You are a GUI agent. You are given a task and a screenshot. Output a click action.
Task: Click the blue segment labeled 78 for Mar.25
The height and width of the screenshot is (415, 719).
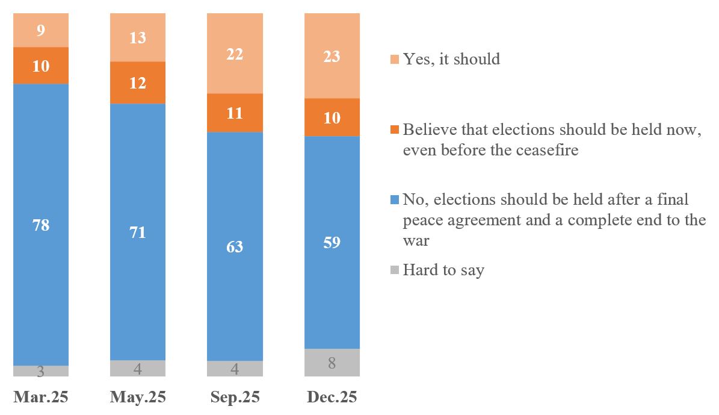[x=41, y=225]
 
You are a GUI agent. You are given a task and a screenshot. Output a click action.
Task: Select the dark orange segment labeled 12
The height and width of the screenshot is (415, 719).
[x=138, y=83]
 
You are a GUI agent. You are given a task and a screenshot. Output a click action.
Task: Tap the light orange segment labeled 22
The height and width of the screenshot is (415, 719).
[x=235, y=54]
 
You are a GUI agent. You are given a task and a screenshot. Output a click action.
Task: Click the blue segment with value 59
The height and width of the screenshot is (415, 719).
[x=332, y=242]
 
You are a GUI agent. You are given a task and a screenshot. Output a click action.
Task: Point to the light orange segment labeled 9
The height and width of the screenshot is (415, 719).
[x=41, y=30]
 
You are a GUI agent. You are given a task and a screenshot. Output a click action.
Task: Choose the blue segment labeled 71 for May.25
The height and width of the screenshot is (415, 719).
[x=138, y=232]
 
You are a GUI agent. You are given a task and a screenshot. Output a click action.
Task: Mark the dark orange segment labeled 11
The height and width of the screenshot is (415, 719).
[x=235, y=113]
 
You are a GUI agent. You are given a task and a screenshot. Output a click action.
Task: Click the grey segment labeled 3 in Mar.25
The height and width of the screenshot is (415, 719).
[x=41, y=371]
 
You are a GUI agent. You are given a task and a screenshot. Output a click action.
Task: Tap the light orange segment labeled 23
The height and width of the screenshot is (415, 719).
[x=332, y=56]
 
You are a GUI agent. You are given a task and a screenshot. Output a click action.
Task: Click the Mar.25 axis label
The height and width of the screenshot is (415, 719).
[x=41, y=397]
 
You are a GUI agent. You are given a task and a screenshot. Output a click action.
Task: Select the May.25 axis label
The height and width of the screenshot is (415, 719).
[x=138, y=397]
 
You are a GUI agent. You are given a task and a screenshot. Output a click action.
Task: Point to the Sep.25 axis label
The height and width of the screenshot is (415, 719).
[x=235, y=397]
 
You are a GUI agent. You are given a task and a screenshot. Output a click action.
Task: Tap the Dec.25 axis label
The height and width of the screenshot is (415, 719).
[x=332, y=397]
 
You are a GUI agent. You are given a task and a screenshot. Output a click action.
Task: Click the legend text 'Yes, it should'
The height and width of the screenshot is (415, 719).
[x=451, y=59]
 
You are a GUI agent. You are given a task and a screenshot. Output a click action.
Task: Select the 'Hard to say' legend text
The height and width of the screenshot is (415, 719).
[x=443, y=270]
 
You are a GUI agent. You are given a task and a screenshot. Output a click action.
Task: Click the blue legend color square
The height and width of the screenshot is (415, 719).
[x=395, y=199]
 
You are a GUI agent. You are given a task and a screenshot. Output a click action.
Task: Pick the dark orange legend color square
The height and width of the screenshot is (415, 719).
[x=395, y=130]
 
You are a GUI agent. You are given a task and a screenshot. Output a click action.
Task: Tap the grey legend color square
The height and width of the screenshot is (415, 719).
[x=395, y=270]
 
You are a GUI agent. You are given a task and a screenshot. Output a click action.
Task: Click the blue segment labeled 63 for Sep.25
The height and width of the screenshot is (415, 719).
[x=235, y=246]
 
